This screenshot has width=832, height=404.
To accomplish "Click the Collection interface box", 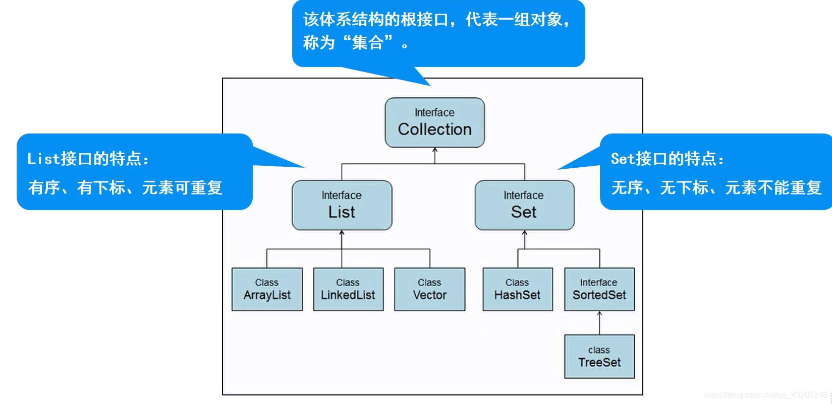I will tap(434, 122).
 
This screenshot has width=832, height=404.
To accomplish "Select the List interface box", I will tap(342, 205).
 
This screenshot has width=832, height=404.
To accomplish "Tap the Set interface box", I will tap(524, 205).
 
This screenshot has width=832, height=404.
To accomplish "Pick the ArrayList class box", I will tap(267, 289).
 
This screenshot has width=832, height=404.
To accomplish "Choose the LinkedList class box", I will tap(348, 289).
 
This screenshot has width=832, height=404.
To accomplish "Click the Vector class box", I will tap(429, 289).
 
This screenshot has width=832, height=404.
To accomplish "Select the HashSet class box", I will tap(517, 289).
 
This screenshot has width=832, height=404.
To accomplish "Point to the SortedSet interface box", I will tap(599, 289).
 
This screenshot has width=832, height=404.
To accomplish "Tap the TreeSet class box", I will tap(599, 356).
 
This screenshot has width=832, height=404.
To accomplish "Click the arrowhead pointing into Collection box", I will tap(435, 150).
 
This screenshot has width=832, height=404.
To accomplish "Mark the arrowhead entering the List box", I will tap(342, 233).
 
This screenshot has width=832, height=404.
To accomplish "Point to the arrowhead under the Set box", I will tap(524, 233).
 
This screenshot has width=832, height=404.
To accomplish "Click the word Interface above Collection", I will tap(434, 112).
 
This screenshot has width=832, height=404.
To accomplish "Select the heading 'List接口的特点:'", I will tap(88, 159).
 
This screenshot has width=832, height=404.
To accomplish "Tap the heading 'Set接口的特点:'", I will tap(667, 159).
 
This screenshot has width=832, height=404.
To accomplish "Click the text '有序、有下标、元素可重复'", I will tap(125, 187).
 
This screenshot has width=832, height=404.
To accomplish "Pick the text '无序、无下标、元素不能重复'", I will tap(716, 187).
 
